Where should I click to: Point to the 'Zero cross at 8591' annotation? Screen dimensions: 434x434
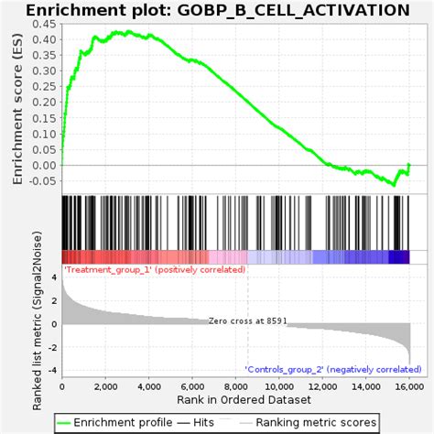point(247,321)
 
